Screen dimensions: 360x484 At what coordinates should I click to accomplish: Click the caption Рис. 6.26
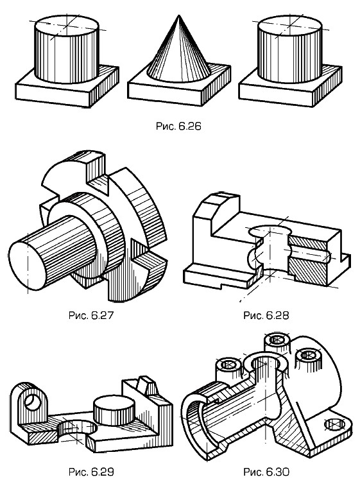178,126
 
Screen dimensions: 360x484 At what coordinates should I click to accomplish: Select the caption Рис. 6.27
91,315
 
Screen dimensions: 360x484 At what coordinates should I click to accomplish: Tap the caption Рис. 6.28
266,315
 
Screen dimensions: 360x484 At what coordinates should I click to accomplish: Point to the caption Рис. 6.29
91,472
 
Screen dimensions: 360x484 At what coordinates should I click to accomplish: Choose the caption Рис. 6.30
266,472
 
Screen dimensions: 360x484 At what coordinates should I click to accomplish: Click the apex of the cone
178,15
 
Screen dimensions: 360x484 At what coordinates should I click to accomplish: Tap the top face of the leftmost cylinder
67,25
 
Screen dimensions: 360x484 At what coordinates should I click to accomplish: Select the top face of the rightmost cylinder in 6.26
289,25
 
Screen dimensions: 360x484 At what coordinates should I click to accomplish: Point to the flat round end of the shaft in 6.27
27,266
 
